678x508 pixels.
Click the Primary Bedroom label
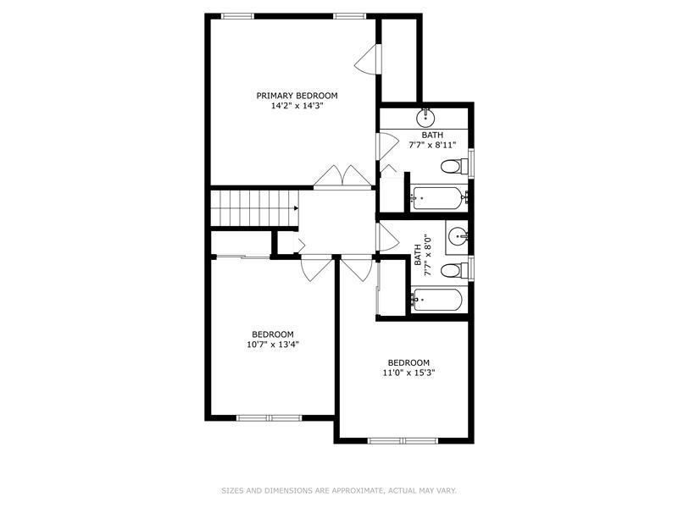297,96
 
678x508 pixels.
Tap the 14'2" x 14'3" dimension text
297,106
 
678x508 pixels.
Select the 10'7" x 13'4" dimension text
273,345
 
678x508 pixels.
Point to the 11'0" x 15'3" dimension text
408,373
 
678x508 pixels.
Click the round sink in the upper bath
425,118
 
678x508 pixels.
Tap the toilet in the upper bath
454,166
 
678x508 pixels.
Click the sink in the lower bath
458,236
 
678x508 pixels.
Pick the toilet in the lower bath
454,271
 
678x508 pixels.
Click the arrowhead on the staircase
296,208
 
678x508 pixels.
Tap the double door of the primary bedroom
342,177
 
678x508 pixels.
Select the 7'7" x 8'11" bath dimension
432,145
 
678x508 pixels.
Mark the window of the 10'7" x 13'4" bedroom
269,417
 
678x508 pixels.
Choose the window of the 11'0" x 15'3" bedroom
403,440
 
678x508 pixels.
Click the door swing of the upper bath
387,146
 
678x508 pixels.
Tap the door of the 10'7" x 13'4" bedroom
317,268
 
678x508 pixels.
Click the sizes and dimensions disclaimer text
339,490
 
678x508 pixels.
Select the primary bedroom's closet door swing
367,59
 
